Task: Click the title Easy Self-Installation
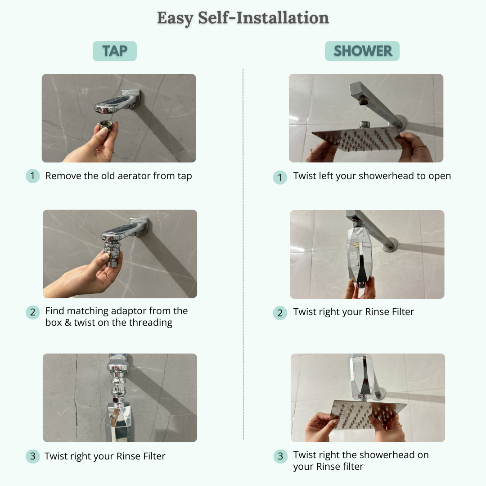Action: (x=243, y=18)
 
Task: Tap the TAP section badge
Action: (x=115, y=51)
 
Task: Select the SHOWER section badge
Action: (x=362, y=51)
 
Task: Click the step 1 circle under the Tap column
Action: (x=32, y=176)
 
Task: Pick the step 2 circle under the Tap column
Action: (x=32, y=312)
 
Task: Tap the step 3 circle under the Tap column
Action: (x=32, y=456)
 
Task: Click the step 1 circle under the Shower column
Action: (x=280, y=177)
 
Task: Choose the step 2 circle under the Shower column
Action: (x=280, y=313)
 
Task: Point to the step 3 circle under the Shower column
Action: (x=280, y=456)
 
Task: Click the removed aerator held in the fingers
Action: (x=106, y=125)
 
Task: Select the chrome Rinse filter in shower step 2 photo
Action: (x=359, y=255)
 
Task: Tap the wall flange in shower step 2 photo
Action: (x=390, y=245)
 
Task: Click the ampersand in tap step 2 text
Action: (x=67, y=323)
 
